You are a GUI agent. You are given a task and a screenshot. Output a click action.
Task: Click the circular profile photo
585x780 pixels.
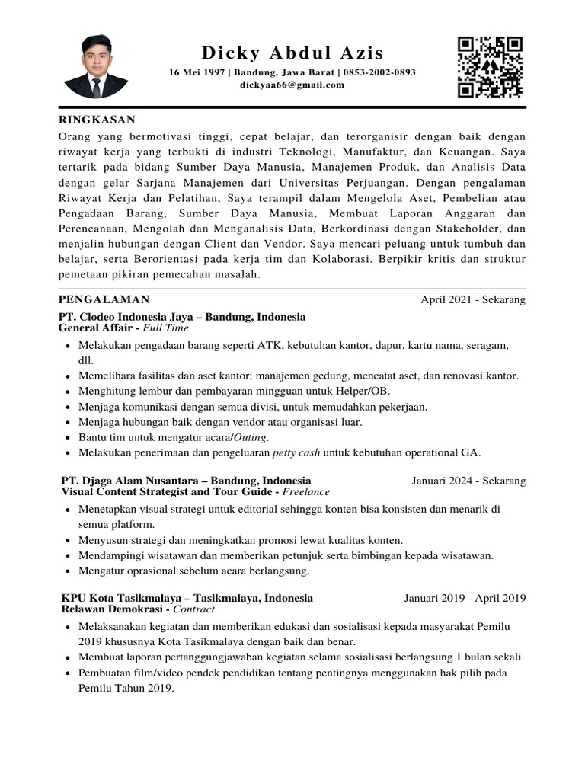coord(96,66)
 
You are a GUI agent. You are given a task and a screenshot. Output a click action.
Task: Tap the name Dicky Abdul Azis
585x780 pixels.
coord(292,53)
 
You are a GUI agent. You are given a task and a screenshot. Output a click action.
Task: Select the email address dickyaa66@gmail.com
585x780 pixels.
coord(292,85)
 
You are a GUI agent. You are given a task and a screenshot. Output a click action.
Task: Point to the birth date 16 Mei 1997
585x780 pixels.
coord(197,72)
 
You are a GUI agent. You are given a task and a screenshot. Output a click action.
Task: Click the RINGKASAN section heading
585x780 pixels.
coord(97,120)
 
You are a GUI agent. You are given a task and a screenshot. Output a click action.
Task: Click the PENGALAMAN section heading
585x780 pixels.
coord(104,300)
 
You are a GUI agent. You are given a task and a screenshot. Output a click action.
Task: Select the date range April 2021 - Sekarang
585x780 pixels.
coord(473,300)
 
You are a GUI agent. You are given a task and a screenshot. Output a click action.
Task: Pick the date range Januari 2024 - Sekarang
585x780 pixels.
coord(468,481)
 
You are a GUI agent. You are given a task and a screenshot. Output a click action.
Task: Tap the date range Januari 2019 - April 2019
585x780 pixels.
coord(465,598)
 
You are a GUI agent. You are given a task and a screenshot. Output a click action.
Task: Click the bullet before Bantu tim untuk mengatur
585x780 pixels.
coord(69,437)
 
